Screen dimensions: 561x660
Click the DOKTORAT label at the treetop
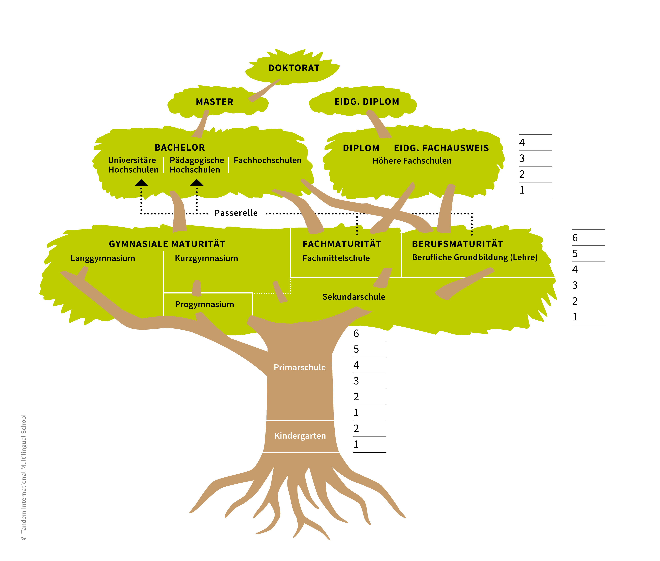coord(294,68)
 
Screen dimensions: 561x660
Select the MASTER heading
coord(214,102)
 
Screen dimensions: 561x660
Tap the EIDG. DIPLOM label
coord(366,102)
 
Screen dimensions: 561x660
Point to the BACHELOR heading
coord(180,148)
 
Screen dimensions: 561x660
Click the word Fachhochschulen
coord(267,160)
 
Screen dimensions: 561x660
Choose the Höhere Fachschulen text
coord(412,161)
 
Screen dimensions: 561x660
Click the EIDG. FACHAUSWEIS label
coord(441,148)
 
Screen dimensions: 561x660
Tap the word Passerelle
coord(236,213)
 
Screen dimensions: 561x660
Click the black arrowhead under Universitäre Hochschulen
coord(141,182)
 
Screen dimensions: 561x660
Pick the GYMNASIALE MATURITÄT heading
coord(167,244)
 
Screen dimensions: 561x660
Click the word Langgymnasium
coord(103,258)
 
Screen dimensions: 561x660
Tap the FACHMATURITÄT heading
coord(342,244)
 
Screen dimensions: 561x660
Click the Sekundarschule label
coord(354,297)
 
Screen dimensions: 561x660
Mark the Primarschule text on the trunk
coord(300,367)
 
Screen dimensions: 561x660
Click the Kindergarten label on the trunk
coord(300,436)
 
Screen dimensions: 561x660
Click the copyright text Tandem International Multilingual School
coord(24,477)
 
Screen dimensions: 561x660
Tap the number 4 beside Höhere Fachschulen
coord(522,142)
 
